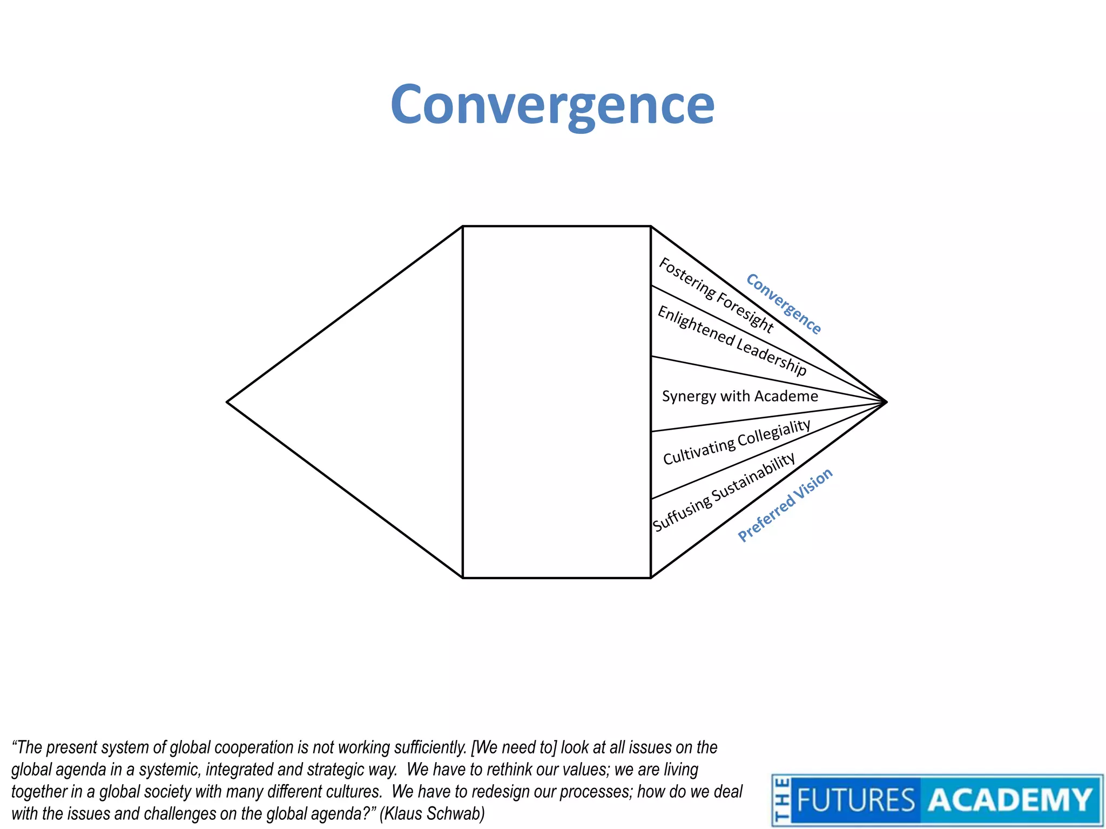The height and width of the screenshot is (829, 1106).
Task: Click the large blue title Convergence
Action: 552,105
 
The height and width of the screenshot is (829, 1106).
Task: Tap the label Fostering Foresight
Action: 716,295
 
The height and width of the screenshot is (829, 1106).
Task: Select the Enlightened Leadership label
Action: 732,341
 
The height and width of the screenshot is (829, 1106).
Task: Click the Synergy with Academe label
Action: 740,396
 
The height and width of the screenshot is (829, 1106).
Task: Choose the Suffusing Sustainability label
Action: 724,492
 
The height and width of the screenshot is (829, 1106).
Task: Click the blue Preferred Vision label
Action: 785,505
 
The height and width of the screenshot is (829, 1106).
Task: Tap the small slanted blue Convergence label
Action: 784,304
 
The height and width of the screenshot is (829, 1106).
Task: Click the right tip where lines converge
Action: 886,402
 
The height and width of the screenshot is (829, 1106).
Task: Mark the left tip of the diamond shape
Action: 228,402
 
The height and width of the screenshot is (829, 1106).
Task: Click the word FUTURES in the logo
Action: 856,800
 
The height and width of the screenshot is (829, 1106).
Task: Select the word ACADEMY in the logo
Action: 1010,800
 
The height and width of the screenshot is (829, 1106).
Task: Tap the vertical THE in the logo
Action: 781,800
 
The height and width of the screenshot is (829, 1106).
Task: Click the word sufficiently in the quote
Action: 430,748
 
